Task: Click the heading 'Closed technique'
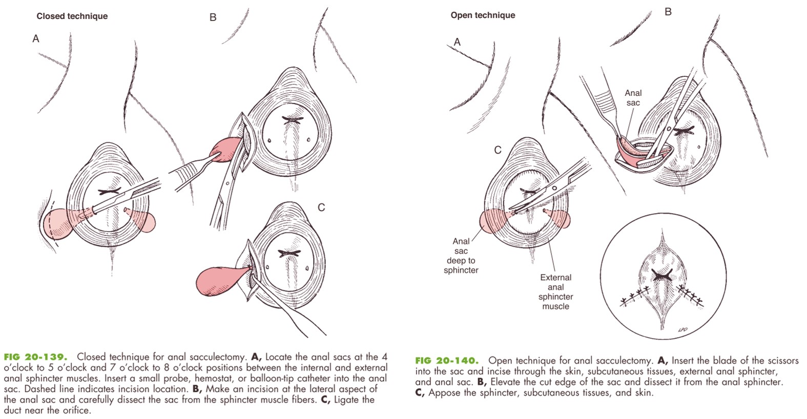tap(72, 16)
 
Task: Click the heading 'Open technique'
tap(483, 15)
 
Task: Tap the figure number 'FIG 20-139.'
tap(35, 357)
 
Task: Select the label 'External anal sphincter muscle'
tap(555, 291)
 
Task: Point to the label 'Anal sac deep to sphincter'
tap(461, 255)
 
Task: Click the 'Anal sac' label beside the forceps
tap(633, 97)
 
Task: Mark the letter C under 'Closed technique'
tap(321, 207)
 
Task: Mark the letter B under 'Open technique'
tap(668, 12)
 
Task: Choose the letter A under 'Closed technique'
tap(35, 39)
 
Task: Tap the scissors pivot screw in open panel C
tap(554, 188)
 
